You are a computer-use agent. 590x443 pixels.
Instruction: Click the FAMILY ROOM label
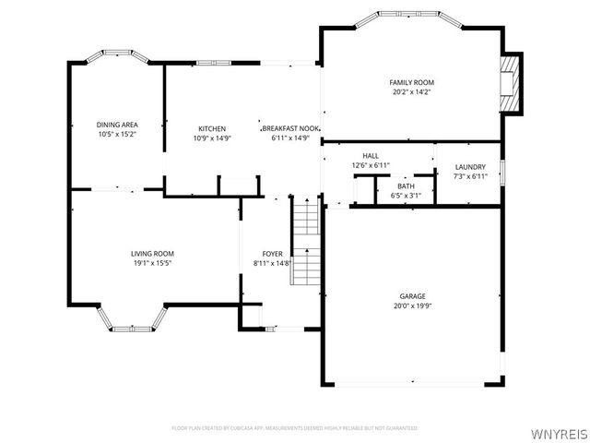(411, 82)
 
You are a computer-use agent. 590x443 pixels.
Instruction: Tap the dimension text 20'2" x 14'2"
(411, 92)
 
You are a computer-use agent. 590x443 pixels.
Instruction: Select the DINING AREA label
(117, 125)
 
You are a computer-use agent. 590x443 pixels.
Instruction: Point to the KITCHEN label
(212, 128)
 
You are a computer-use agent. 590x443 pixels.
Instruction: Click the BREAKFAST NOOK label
(289, 128)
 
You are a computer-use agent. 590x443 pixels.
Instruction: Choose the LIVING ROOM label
(152, 253)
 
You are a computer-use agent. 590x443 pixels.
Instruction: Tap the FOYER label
(272, 253)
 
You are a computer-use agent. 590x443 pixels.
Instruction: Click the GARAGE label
(412, 296)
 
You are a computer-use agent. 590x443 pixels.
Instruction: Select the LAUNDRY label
(470, 167)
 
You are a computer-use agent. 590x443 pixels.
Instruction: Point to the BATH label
(406, 186)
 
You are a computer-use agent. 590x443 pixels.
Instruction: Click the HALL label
(371, 156)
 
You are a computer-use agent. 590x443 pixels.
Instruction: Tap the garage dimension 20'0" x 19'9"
(412, 306)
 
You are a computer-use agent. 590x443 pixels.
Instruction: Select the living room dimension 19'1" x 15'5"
(152, 263)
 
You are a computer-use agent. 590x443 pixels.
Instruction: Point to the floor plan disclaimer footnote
(295, 428)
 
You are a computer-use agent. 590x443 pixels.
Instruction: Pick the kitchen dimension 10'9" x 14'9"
(212, 138)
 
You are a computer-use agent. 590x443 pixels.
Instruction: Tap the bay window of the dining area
(117, 56)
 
